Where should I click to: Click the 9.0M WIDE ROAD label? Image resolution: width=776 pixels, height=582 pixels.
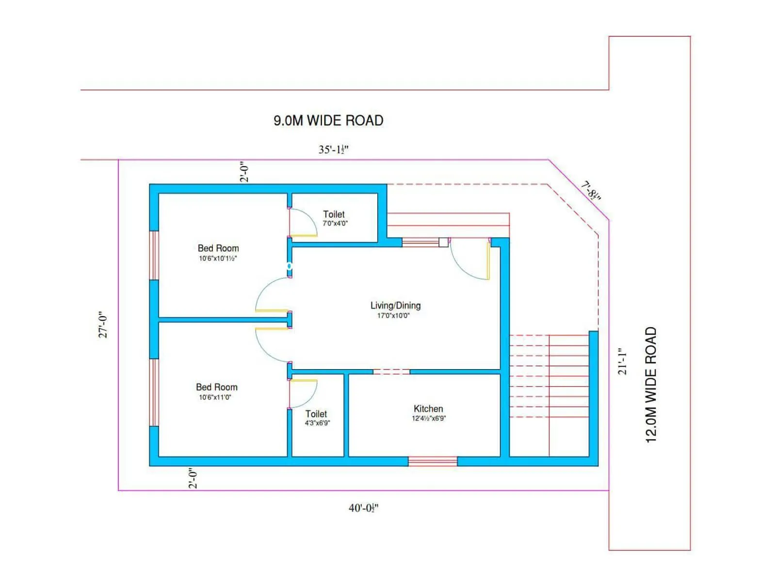(x=328, y=120)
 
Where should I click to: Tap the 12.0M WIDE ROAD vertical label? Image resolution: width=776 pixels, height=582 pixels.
(x=651, y=384)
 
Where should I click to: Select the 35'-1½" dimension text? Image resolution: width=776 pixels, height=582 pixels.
(x=333, y=149)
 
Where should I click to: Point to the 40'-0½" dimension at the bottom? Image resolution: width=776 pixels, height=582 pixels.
(x=363, y=508)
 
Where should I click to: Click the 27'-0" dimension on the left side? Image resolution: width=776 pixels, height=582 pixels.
(x=103, y=324)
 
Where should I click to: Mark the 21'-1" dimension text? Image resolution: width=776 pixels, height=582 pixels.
(x=622, y=361)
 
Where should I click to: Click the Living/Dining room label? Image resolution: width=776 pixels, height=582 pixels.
(x=395, y=306)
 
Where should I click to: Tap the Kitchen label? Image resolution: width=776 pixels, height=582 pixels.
(x=428, y=409)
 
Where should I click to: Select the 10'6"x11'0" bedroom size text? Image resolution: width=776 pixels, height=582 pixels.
(x=215, y=397)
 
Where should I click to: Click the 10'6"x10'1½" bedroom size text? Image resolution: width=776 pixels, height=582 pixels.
(x=218, y=259)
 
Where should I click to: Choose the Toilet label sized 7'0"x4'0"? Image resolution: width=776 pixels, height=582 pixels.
(x=334, y=214)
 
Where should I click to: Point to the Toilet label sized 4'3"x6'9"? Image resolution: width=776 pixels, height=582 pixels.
(x=316, y=414)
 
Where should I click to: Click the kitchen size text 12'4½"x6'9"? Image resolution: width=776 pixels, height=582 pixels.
(x=429, y=419)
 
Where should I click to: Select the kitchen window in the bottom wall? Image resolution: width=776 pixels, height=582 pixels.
(x=433, y=461)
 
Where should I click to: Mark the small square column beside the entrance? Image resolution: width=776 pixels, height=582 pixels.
(x=443, y=242)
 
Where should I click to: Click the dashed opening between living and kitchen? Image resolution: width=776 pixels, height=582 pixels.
(x=391, y=372)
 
